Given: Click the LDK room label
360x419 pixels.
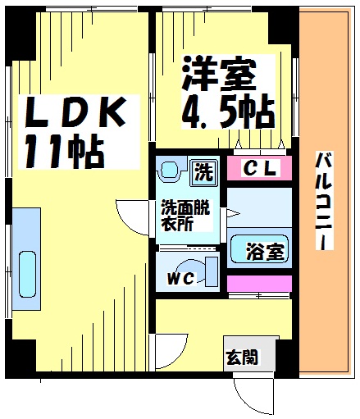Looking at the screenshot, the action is (x=75, y=112).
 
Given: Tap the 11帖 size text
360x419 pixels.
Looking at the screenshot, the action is (x=65, y=151).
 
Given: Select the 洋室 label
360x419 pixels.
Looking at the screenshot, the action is (x=220, y=73).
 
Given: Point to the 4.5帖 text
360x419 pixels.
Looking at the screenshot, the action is (x=228, y=112).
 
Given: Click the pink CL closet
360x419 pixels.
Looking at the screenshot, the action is (x=259, y=168).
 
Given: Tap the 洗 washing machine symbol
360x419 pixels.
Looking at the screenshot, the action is (x=203, y=173).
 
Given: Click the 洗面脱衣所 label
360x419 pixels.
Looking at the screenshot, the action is (x=185, y=216).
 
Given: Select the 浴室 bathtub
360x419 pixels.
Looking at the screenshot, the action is (x=259, y=248).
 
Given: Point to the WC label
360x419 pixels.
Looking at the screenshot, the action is (x=180, y=279).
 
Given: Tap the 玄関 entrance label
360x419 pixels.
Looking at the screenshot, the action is (x=242, y=357).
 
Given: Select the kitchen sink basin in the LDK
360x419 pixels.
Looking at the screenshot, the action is (x=27, y=274).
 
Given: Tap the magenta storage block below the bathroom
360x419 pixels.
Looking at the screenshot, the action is (x=259, y=284).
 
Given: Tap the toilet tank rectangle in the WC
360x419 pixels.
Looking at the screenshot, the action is (x=212, y=271).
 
